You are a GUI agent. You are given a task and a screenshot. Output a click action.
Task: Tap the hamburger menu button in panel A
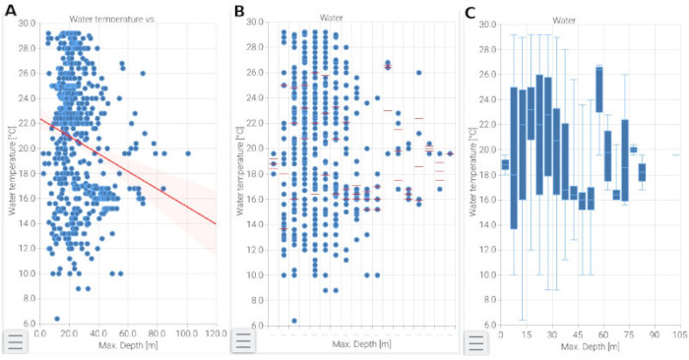coord(17,341)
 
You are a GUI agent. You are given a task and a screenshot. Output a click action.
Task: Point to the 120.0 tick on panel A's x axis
coord(216,334)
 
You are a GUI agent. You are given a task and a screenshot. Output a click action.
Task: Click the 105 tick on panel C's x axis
coord(679,334)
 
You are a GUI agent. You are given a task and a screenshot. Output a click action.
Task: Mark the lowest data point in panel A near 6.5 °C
coord(57,319)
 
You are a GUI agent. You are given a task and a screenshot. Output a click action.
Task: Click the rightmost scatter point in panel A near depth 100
coord(187,153)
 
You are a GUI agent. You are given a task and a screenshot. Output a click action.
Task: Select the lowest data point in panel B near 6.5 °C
coord(294,320)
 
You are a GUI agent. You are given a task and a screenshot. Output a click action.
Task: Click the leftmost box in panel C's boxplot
coord(505,164)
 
